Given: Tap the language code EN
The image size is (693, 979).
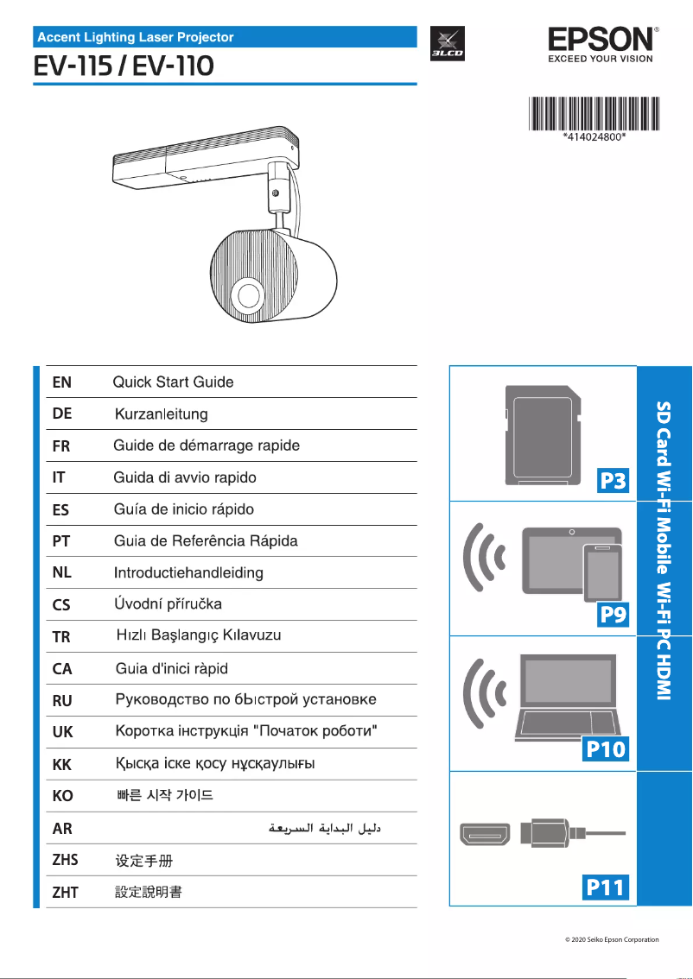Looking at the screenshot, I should [x=62, y=382].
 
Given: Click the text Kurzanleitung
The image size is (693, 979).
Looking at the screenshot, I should [x=161, y=414].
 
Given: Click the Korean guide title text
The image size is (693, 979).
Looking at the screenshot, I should [x=164, y=795].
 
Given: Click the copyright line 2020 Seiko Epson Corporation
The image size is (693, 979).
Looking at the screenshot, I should [x=607, y=939].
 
